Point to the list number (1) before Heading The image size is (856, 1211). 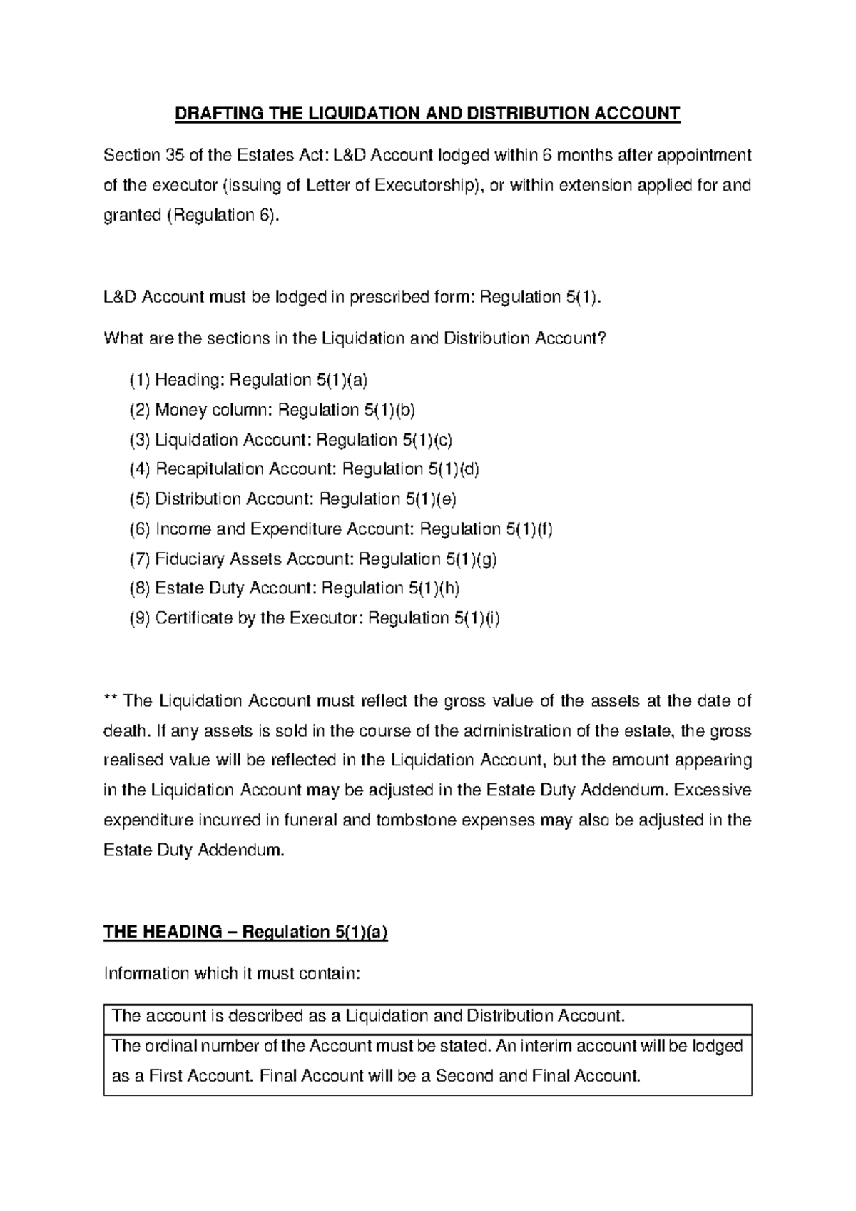140,381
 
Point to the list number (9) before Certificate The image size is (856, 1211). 140,618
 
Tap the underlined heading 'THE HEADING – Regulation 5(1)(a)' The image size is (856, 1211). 245,932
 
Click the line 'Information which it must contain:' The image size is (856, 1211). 233,973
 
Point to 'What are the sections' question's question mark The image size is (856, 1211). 603,338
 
